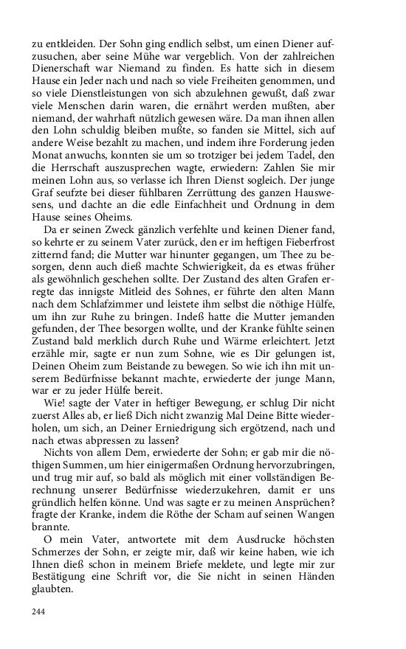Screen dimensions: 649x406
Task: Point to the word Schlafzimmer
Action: [120, 310]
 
